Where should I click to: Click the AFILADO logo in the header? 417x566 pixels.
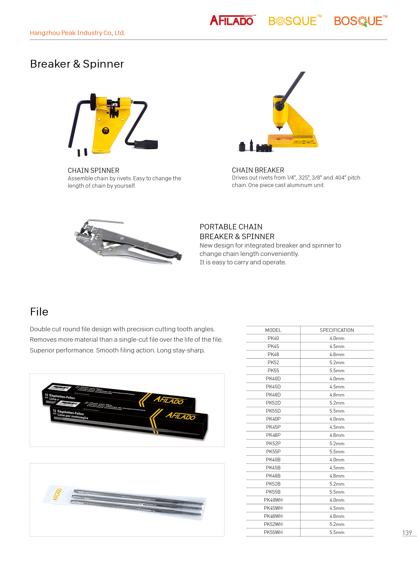point(232,21)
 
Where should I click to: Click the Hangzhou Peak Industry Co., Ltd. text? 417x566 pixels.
point(77,33)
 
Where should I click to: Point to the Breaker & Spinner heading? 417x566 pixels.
point(77,64)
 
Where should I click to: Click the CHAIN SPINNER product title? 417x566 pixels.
point(93,171)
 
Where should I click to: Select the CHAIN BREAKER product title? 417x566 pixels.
point(258,170)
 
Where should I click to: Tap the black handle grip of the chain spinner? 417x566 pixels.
point(147,144)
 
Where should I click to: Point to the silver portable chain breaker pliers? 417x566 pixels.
point(128,241)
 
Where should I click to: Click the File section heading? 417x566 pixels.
point(39,312)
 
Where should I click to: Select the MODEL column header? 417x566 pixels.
point(273,330)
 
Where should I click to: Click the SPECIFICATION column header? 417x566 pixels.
point(337,330)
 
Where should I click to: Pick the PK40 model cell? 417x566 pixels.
point(273,338)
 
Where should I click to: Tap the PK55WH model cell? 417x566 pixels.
point(273,532)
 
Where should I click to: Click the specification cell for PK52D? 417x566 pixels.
point(337,403)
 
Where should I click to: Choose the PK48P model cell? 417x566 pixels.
point(273,435)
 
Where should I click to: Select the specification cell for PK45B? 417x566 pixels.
point(337,468)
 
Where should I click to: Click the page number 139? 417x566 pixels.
point(407,533)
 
